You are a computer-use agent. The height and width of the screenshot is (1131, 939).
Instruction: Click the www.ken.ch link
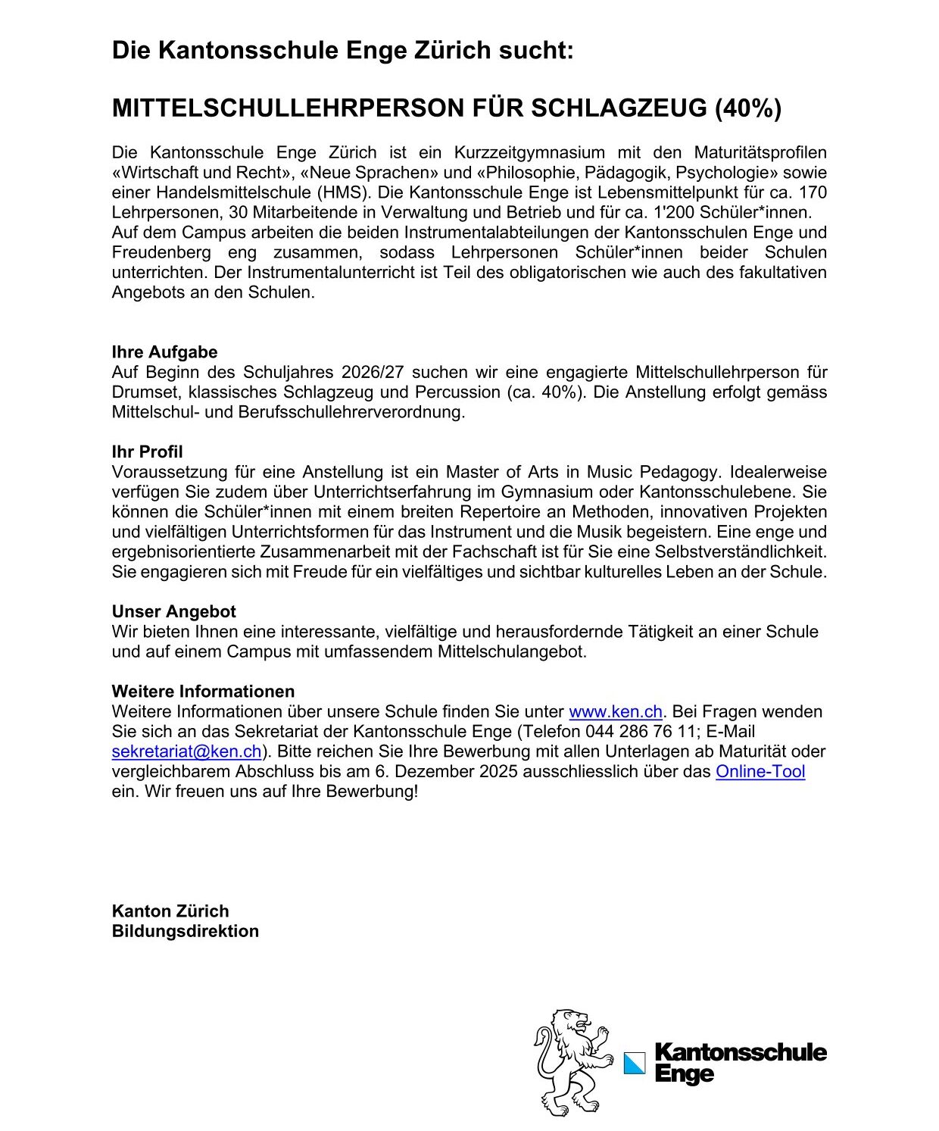tap(615, 712)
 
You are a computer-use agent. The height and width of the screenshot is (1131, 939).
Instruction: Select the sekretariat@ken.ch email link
tap(186, 751)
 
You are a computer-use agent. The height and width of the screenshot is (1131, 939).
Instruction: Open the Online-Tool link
tap(760, 771)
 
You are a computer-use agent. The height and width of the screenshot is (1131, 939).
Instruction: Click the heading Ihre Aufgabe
tap(164, 352)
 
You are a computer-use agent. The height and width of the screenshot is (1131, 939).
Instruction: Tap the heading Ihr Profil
tap(147, 452)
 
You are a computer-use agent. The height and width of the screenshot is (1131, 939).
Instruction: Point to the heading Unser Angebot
tap(173, 611)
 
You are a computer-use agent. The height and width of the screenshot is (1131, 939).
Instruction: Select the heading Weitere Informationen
tap(203, 692)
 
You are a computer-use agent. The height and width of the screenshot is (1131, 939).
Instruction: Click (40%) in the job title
tap(748, 108)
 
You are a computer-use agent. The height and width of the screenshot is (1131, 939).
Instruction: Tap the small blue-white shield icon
tap(635, 1063)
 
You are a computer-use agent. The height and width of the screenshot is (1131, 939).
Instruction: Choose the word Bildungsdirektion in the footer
tap(185, 931)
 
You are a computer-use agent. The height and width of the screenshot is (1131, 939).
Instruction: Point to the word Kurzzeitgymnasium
tap(529, 153)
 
